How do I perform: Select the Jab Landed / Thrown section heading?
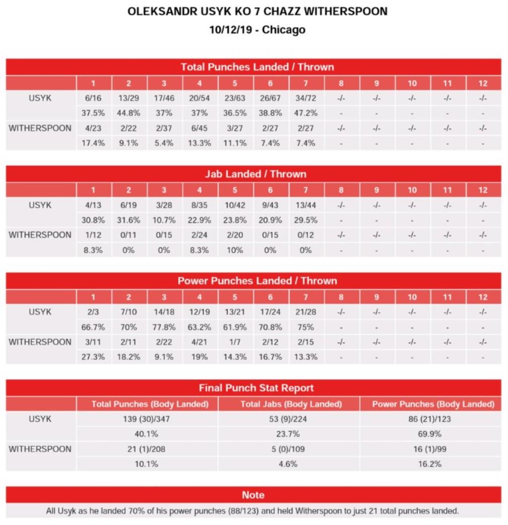256,174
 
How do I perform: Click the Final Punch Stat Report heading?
256,388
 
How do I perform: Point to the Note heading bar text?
253,495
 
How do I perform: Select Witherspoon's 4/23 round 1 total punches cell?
93,128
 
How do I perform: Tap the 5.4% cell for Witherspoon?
164,143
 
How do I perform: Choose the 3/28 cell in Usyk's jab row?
164,205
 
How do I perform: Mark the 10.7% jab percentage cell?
164,220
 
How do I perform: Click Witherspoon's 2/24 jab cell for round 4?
199,235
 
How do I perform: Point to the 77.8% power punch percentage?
164,327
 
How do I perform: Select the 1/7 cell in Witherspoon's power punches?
234,342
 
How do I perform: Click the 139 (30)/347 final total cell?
148,419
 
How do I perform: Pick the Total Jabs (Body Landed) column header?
291,404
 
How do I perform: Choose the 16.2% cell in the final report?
430,464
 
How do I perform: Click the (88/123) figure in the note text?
241,511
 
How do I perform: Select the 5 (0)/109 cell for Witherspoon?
289,449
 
